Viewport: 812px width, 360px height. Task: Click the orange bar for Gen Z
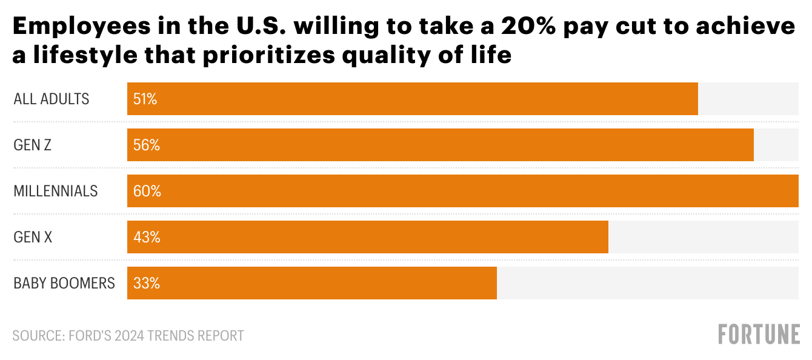(441, 145)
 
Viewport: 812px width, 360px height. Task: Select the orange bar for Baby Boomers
(312, 283)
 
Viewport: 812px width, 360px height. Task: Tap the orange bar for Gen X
(368, 237)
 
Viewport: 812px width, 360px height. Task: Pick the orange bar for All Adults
(413, 99)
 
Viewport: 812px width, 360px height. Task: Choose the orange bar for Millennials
(463, 191)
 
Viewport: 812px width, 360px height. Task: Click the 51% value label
(145, 99)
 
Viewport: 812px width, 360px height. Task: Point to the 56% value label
(147, 145)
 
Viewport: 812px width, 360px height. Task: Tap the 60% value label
(147, 192)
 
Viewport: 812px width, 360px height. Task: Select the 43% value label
(147, 238)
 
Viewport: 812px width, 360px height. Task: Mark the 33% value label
(147, 284)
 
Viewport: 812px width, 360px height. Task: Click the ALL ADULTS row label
(52, 99)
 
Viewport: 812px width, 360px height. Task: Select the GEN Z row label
(33, 145)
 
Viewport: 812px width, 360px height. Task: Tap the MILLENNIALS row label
(56, 192)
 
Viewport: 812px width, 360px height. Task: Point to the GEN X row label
(33, 238)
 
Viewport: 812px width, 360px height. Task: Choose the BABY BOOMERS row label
(64, 284)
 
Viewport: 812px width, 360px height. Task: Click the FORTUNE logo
(759, 335)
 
